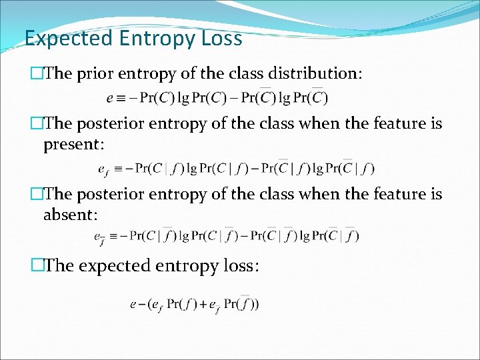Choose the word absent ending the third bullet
[x=69, y=215]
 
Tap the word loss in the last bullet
[x=236, y=265]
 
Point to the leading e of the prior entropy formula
[x=110, y=98]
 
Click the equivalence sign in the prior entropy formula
[x=122, y=98]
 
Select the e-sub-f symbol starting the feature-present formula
[x=103, y=169]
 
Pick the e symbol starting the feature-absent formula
[x=99, y=237]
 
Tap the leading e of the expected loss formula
[x=133, y=305]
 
